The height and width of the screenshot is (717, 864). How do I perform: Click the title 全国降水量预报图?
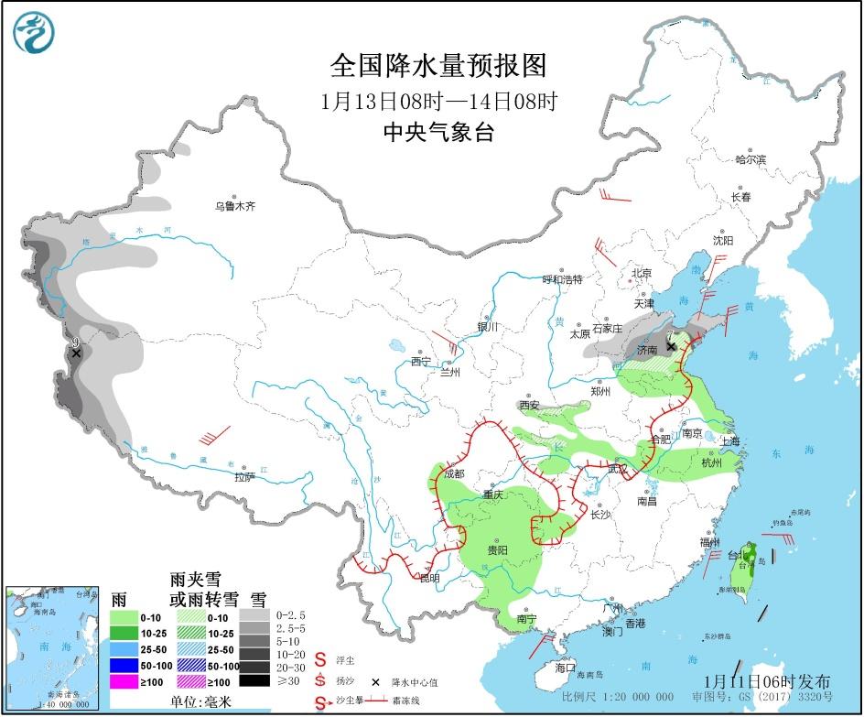pos(438,66)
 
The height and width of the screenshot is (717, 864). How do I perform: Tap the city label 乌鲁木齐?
pos(235,207)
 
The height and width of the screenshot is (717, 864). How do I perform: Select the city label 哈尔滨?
pos(750,159)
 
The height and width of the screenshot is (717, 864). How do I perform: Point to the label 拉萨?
pos(243,476)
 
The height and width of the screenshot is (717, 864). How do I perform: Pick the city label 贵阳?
pos(497,550)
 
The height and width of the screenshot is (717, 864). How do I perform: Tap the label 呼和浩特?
pos(562,279)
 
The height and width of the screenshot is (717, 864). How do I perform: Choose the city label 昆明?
pos(429,578)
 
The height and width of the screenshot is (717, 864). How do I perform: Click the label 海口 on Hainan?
pos(566,668)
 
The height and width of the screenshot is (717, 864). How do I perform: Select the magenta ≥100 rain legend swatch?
pos(124,680)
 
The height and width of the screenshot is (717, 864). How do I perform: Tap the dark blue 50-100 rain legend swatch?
pos(124,665)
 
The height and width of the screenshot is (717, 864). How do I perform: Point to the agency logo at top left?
pos(34,32)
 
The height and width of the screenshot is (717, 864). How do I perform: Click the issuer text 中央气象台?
pos(438,132)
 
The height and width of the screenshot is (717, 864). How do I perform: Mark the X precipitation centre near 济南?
pos(671,346)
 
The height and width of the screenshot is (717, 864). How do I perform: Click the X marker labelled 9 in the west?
pos(77,353)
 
